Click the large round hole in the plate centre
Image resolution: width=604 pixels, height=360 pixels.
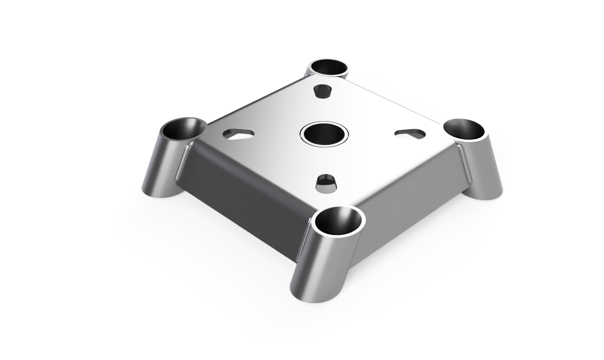(324, 134)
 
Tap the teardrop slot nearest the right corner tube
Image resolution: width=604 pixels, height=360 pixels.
(410, 133)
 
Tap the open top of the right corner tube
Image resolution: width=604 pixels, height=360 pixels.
(465, 129)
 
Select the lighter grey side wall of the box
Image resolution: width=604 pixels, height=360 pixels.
(406, 208)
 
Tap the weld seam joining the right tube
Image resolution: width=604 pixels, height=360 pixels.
(465, 163)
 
